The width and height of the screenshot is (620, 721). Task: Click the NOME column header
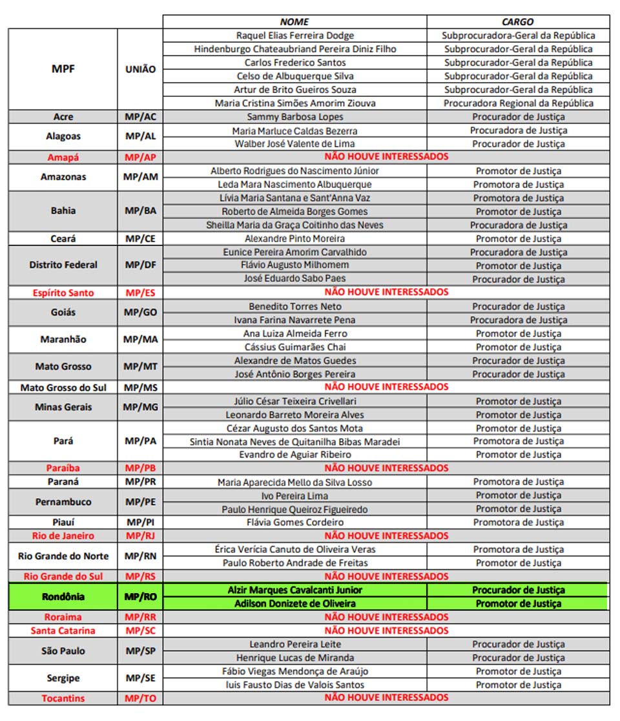point(294,22)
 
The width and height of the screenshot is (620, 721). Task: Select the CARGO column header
point(517,22)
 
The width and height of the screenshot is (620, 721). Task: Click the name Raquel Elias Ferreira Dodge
point(294,36)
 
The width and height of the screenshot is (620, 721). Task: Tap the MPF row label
point(63,68)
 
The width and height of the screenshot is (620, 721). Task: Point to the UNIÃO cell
point(140,69)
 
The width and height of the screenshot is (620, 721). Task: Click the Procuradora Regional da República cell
point(518,103)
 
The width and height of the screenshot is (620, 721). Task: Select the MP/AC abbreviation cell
point(140,117)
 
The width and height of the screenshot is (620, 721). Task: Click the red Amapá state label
point(63,157)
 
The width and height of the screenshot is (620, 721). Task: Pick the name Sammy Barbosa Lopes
point(294,117)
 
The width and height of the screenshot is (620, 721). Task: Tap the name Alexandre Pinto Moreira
point(294,238)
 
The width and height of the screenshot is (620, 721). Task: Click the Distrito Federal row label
point(63,265)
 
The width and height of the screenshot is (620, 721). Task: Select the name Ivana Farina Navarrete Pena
point(294,320)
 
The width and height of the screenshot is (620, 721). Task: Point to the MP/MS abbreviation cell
point(140,388)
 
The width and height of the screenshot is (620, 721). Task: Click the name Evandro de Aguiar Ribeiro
point(294,455)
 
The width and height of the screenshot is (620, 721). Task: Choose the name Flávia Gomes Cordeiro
point(294,522)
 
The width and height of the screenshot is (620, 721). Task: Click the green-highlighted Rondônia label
point(63,596)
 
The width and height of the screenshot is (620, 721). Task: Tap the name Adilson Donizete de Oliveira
point(294,603)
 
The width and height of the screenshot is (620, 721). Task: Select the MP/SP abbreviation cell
point(140,651)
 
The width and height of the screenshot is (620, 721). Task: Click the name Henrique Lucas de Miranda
point(294,658)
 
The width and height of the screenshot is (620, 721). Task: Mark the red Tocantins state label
point(63,698)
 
